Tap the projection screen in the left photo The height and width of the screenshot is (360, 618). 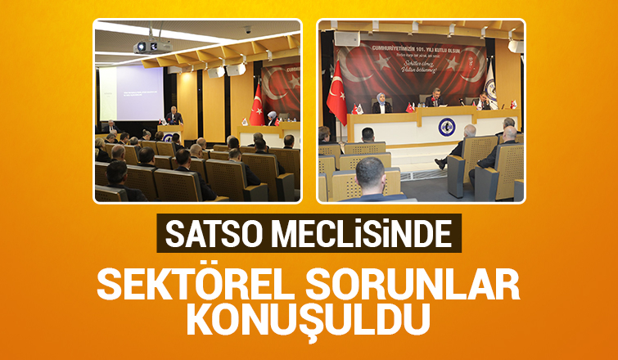[x=131, y=94]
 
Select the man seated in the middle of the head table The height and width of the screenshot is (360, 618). [x=434, y=99]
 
